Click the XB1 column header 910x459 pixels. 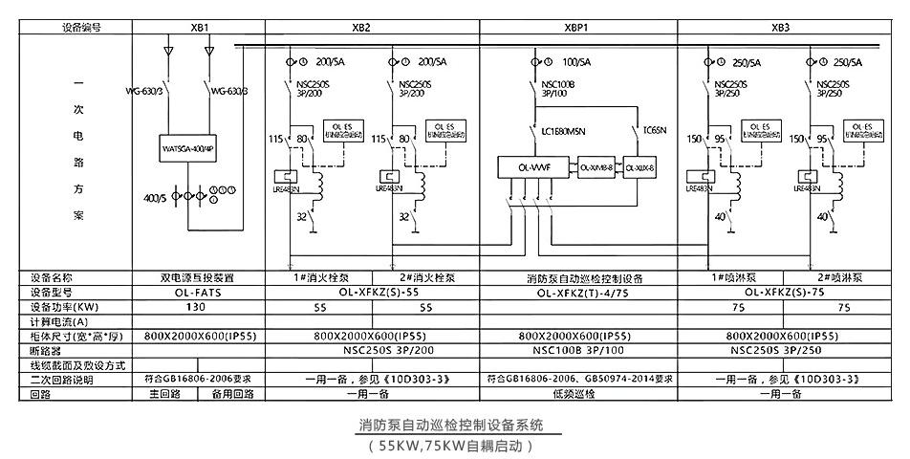tap(200, 29)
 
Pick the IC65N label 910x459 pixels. tap(656, 128)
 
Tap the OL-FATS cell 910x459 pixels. tap(198, 294)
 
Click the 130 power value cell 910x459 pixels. tap(198, 308)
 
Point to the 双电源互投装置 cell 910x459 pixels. tap(198, 279)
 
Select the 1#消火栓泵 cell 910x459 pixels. tap(326, 279)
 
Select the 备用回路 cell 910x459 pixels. tap(230, 393)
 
